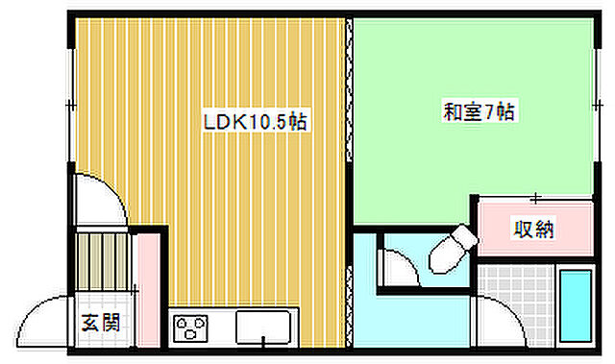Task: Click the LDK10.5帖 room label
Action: pos(255,123)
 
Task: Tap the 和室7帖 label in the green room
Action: pos(479,111)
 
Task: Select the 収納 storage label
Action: pos(533,230)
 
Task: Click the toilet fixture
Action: pos(453,246)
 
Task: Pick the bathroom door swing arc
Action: pos(499,317)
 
